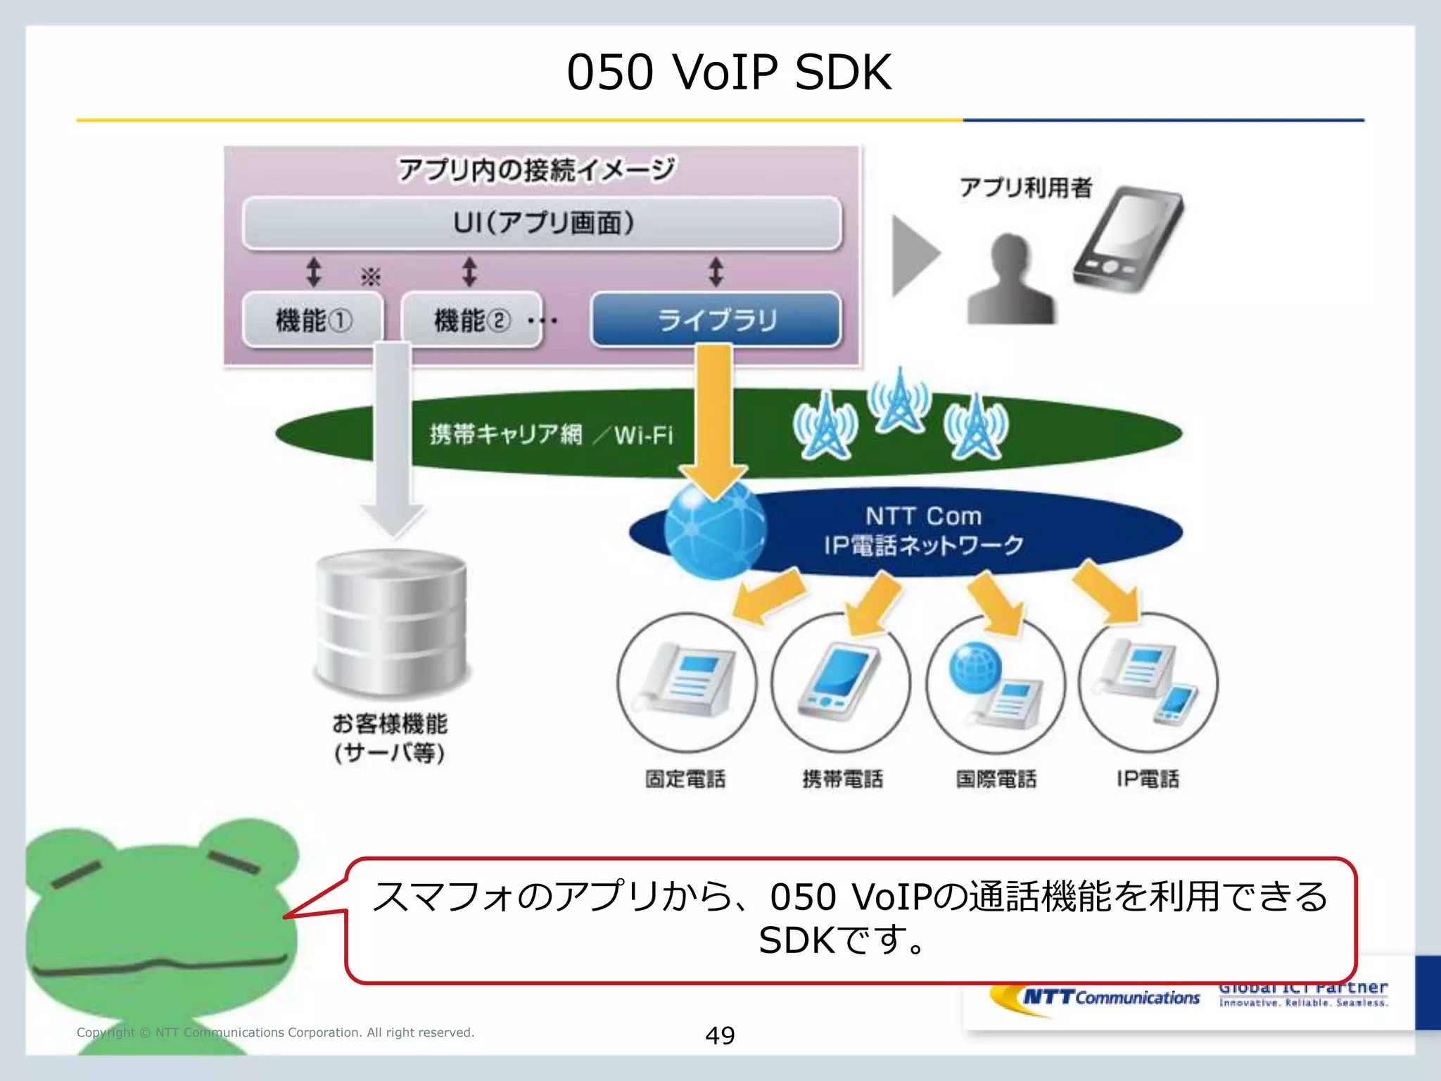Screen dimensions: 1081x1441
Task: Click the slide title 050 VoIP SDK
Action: tap(729, 72)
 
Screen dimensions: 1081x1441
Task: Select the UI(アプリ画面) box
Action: tap(542, 223)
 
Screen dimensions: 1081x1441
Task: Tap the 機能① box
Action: tap(313, 320)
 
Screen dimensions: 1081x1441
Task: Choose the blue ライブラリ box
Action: tap(716, 320)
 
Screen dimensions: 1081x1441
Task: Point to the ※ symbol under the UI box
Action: tap(370, 277)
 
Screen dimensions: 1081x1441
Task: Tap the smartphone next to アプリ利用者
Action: tap(1127, 239)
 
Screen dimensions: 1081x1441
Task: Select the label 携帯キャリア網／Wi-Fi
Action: tap(551, 434)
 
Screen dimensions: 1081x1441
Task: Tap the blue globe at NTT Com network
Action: tap(714, 529)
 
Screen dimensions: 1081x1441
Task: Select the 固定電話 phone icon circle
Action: tap(687, 682)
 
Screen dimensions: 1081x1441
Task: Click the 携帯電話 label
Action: tap(842, 779)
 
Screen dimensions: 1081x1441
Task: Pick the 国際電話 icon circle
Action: tap(995, 683)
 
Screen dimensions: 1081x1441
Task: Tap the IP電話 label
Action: tap(1147, 779)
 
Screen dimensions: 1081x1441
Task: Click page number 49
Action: tap(720, 1035)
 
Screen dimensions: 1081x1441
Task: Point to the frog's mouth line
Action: tap(158, 966)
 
